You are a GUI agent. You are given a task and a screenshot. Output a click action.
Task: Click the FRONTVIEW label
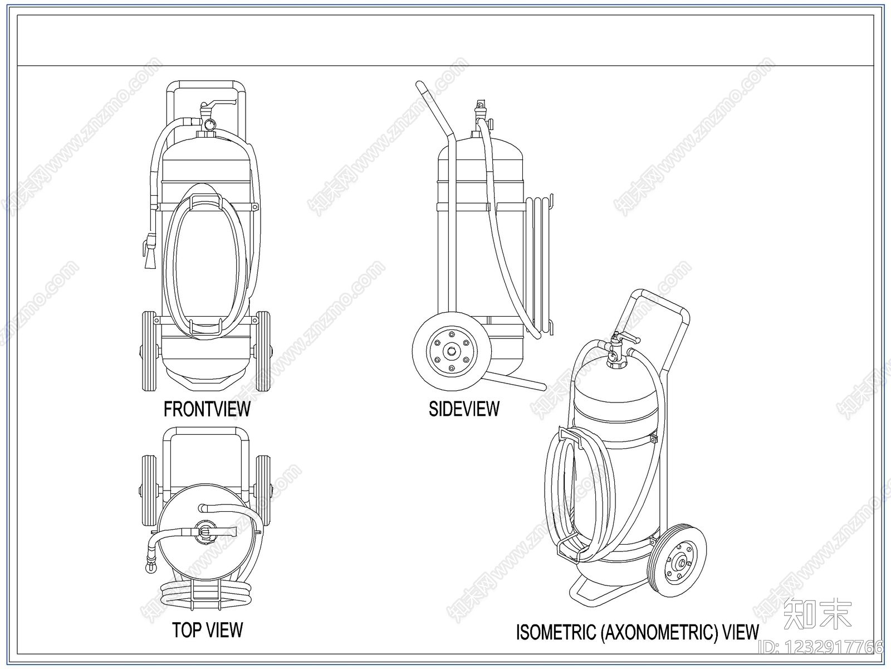tap(207, 409)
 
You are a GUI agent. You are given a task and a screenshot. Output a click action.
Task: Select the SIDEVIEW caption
tap(464, 409)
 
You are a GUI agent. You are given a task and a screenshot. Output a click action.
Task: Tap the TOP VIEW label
tap(207, 630)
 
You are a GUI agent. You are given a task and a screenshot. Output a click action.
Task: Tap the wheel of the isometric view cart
tap(676, 560)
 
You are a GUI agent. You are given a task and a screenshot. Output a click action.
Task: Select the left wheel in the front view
tap(149, 351)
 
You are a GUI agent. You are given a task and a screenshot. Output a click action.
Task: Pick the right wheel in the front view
tap(263, 351)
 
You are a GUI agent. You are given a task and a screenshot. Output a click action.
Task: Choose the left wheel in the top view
tap(149, 491)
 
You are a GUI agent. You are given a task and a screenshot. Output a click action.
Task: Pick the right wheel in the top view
tap(263, 491)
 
